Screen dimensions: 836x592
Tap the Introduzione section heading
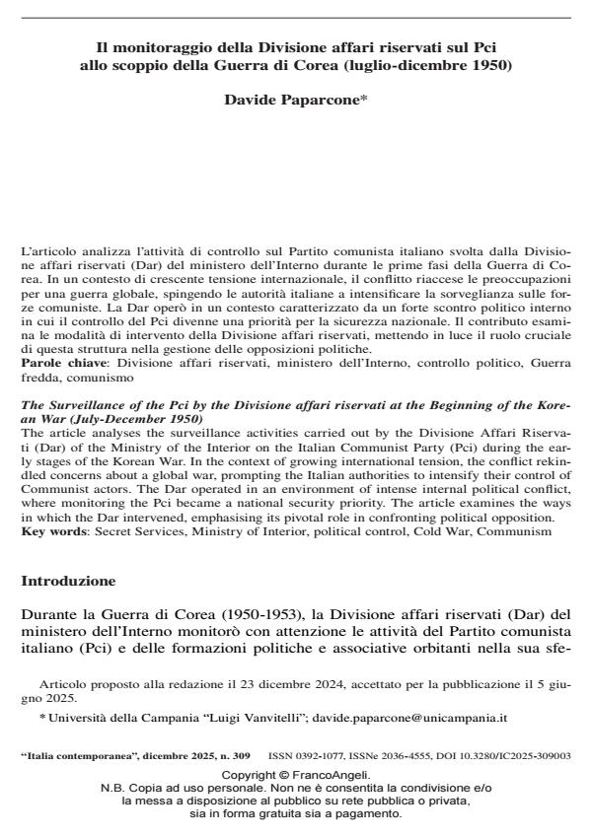pyautogui.click(x=68, y=582)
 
